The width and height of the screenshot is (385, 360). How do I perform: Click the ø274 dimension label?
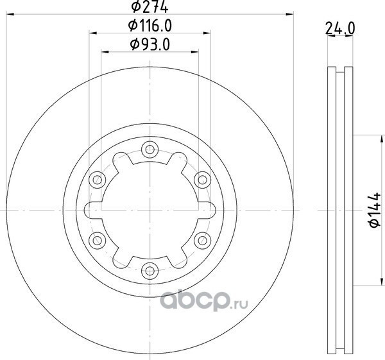(150, 6)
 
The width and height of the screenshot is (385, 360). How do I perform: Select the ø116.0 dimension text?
(150, 26)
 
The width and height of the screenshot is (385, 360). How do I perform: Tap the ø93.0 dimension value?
(150, 44)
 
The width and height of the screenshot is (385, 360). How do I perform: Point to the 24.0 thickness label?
(340, 28)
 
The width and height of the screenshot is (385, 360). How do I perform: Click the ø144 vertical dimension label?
(375, 210)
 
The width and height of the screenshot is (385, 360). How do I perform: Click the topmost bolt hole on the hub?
(150, 149)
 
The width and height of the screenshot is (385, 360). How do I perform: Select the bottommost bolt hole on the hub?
(150, 271)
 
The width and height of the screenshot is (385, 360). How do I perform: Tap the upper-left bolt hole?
(98, 180)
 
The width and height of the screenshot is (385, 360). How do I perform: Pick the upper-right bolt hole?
(202, 180)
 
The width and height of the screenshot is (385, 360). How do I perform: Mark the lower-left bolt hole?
(98, 240)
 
